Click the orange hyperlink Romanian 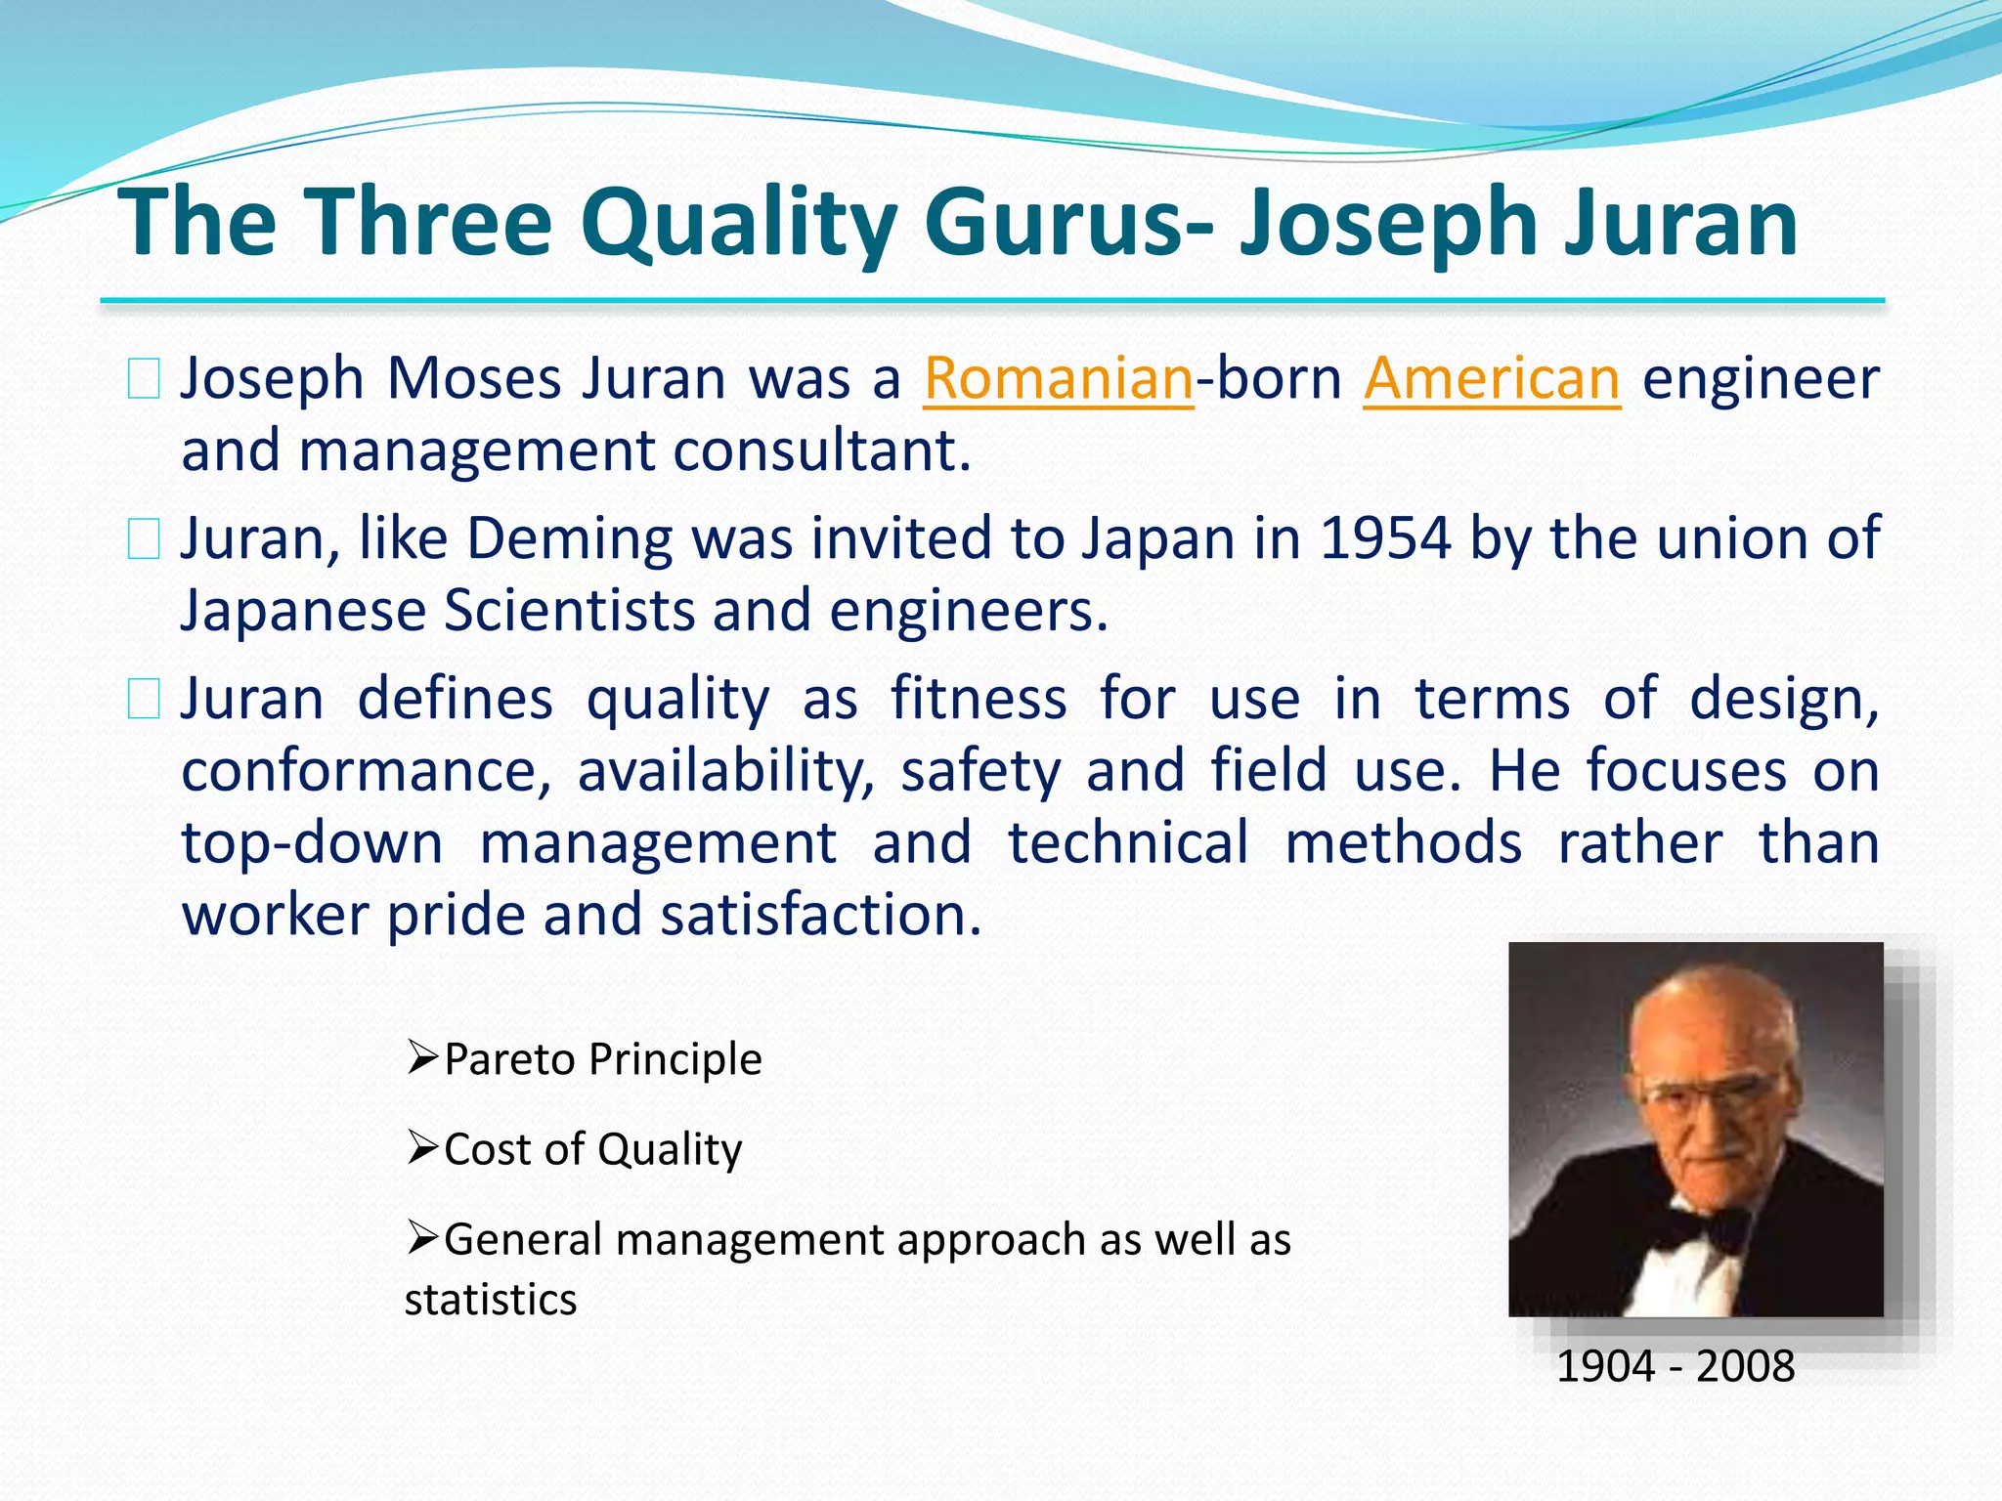pyautogui.click(x=1058, y=378)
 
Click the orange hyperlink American pyautogui.click(x=1492, y=378)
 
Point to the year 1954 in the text pyautogui.click(x=1385, y=538)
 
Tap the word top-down pyautogui.click(x=312, y=842)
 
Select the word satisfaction pyautogui.click(x=820, y=915)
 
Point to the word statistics pyautogui.click(x=491, y=1300)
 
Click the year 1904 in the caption pyautogui.click(x=1604, y=1366)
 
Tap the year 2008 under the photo pyautogui.click(x=1745, y=1366)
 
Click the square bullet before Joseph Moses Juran pyautogui.click(x=144, y=379)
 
